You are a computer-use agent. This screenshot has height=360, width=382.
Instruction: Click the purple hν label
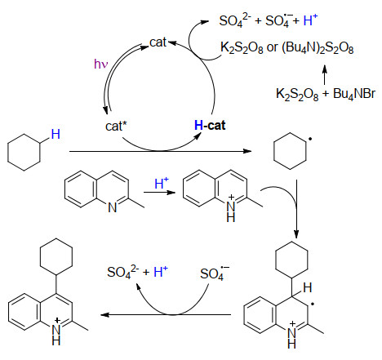click(x=101, y=64)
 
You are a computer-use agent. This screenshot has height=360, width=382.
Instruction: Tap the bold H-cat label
click(x=210, y=126)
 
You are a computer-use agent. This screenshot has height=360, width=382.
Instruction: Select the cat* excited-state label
click(x=116, y=126)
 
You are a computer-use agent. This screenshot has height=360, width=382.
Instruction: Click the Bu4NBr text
click(x=354, y=94)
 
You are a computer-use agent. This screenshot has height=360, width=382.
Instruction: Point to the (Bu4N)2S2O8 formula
click(x=318, y=48)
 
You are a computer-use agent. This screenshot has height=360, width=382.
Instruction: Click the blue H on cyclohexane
click(x=56, y=134)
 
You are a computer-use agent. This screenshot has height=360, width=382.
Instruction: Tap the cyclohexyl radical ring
click(x=290, y=151)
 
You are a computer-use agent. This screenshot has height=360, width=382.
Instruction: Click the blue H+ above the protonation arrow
click(x=162, y=183)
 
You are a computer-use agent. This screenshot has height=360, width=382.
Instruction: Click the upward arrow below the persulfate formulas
click(x=324, y=74)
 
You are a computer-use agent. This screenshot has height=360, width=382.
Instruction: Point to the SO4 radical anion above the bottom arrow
click(x=215, y=273)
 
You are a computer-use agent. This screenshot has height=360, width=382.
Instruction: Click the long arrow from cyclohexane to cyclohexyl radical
click(x=160, y=151)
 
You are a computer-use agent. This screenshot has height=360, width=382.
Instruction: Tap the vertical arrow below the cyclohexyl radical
click(x=296, y=209)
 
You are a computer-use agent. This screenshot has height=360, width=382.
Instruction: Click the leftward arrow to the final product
click(x=166, y=315)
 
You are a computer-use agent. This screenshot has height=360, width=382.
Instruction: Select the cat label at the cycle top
click(x=158, y=42)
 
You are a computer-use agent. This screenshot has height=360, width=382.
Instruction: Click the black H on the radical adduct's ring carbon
click(x=308, y=287)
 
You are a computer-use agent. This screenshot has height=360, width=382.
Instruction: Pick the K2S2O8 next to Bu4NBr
click(x=297, y=94)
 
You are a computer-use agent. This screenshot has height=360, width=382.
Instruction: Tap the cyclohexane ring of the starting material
click(x=24, y=153)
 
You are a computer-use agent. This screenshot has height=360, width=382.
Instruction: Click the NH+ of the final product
click(x=56, y=332)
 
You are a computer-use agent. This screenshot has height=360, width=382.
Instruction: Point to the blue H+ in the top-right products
click(x=310, y=20)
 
